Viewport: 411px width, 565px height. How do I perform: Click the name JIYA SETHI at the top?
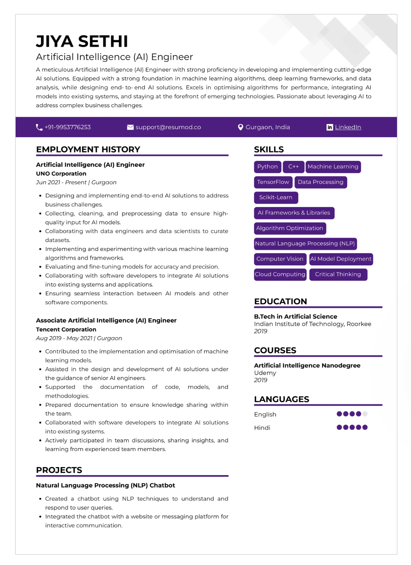82,41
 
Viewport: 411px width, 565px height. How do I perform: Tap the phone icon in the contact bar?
39,127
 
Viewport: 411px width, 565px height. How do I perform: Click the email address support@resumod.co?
168,127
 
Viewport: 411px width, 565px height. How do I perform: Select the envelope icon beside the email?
130,127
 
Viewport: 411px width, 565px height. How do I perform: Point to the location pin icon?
240,127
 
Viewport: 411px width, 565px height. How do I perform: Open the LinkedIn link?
348,127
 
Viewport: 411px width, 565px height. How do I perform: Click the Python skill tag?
267,167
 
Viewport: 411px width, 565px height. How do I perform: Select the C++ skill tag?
293,167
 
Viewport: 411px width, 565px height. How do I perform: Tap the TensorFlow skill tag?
273,182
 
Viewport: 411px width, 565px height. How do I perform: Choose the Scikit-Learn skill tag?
276,197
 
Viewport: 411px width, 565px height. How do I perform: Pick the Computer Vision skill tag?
280,259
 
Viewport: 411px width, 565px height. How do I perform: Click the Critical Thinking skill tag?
338,274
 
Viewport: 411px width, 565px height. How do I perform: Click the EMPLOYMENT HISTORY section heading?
88,149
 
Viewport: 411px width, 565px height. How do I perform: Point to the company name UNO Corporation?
61,173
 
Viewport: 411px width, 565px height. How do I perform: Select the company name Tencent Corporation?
66,329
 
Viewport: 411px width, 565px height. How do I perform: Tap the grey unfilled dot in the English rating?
365,414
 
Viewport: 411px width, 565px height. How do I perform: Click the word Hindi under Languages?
262,428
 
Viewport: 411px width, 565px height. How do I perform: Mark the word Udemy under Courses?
265,373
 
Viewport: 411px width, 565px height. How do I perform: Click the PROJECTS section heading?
59,470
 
